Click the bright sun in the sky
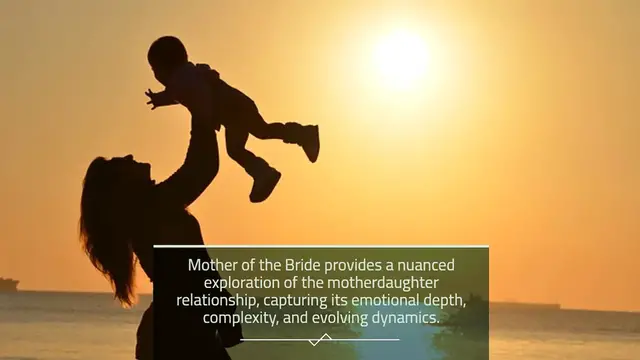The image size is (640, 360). [x=402, y=57]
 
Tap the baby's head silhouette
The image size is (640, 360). [x=168, y=55]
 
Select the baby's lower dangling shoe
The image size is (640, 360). [x=265, y=182]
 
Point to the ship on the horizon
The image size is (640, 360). [x=8, y=284]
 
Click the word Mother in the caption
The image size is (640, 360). [x=213, y=265]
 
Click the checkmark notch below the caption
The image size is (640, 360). [x=320, y=340]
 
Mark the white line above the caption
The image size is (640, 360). [x=320, y=246]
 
